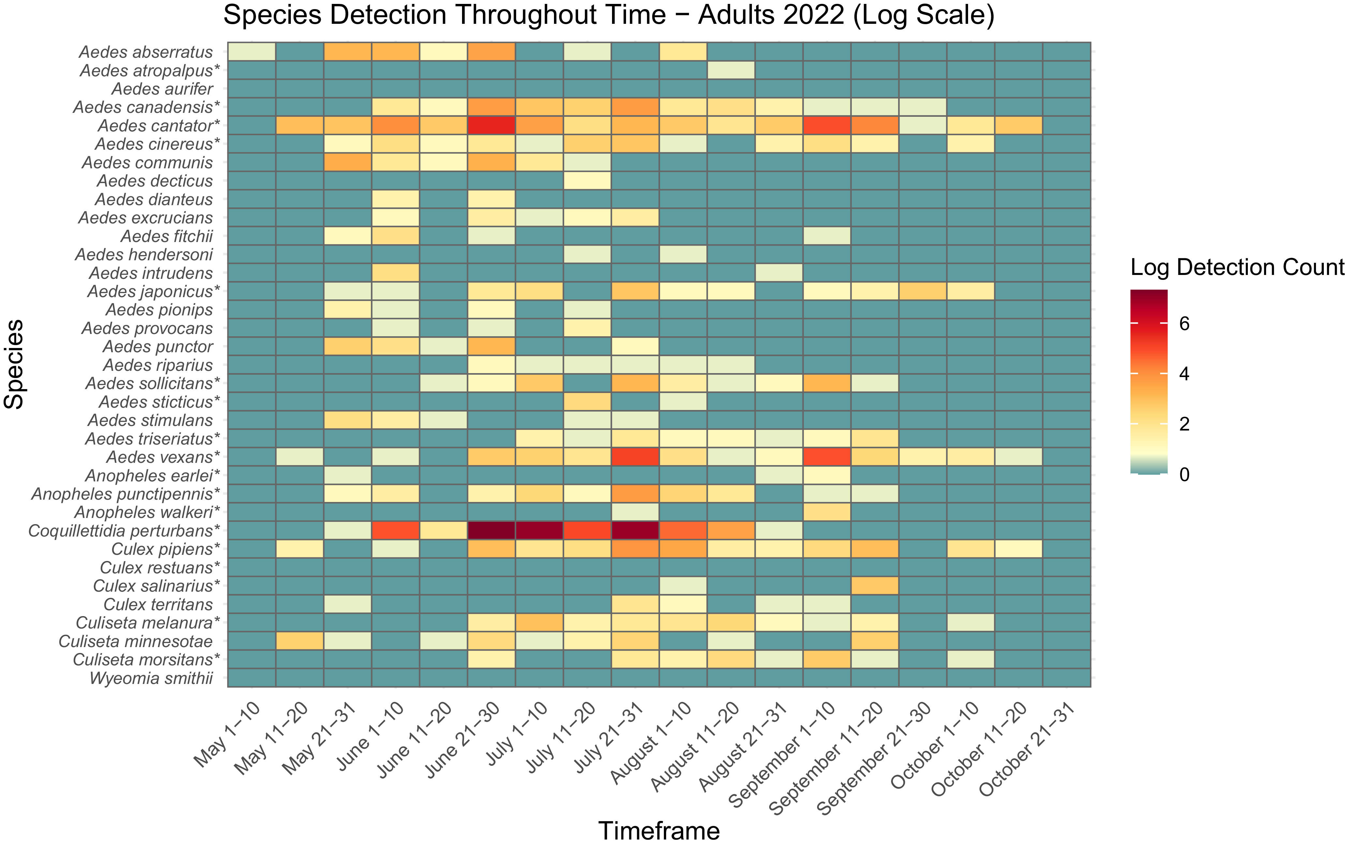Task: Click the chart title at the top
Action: (x=609, y=15)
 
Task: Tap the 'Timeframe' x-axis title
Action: (x=659, y=831)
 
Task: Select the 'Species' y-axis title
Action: (x=14, y=364)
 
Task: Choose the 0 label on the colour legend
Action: (x=1184, y=474)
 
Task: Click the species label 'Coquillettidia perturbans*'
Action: (x=124, y=531)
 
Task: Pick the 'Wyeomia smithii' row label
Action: (x=151, y=678)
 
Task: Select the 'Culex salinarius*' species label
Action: (x=157, y=586)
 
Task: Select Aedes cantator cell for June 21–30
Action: (x=491, y=125)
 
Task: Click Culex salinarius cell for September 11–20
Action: (x=875, y=585)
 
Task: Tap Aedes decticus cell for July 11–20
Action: (x=587, y=180)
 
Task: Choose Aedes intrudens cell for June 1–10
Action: (x=396, y=273)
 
